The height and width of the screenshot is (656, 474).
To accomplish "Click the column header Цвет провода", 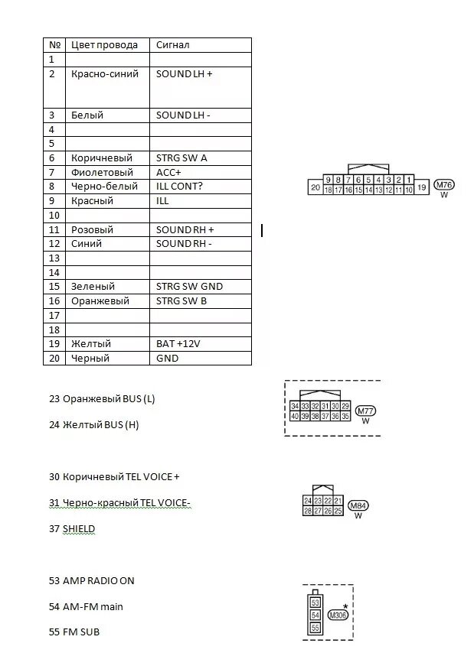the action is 104,45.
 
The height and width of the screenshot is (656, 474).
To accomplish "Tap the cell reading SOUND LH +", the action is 184,74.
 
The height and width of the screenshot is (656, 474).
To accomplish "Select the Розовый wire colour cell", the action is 92,229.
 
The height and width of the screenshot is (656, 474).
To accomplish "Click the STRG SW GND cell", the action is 189,287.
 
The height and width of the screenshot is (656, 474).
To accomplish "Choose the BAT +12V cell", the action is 178,344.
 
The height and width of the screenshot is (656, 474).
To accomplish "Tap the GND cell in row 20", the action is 166,359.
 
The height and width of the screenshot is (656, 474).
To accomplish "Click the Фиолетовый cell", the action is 102,173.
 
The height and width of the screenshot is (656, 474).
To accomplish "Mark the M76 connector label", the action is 443,184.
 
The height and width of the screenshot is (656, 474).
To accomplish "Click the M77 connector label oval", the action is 365,411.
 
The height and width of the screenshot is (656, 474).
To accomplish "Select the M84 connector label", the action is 358,505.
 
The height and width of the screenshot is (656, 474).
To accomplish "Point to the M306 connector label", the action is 338,614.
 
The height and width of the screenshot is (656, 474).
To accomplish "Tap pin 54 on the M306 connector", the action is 315,615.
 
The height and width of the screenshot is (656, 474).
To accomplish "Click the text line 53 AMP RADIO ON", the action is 91,581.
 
